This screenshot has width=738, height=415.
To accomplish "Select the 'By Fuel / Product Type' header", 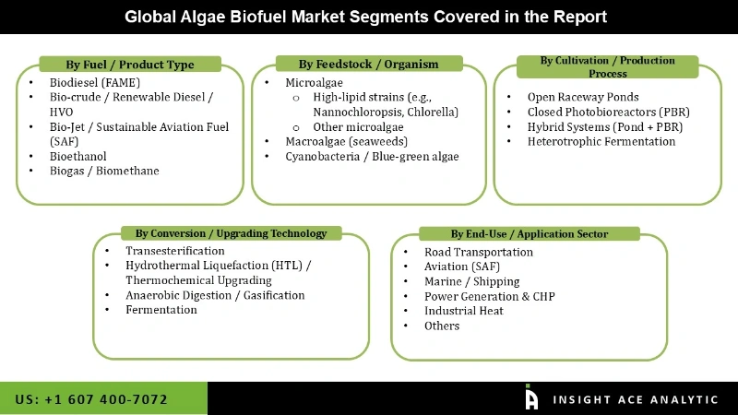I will (x=129, y=65).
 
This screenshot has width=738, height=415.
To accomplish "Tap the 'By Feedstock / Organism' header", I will (x=368, y=64).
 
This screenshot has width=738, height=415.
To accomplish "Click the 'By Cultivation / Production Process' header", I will (x=607, y=66).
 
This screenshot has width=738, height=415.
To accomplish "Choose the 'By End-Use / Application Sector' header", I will (x=529, y=234).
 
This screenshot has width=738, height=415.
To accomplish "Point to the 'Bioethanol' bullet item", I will (x=78, y=156).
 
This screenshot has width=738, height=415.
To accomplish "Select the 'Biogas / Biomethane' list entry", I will (x=104, y=171).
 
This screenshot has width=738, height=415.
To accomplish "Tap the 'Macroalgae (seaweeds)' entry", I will (x=346, y=141).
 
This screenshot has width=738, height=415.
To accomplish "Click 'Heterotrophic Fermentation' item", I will (x=601, y=141).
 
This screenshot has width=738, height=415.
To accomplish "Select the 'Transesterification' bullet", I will (x=175, y=251).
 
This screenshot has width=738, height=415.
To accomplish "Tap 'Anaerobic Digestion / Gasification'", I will (x=215, y=295).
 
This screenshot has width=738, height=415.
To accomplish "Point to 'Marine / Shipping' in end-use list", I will (x=471, y=281).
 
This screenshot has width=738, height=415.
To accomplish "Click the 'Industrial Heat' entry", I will (x=465, y=311).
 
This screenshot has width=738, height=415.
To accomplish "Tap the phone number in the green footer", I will (x=91, y=399).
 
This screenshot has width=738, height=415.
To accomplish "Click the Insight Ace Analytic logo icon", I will (x=531, y=397).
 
